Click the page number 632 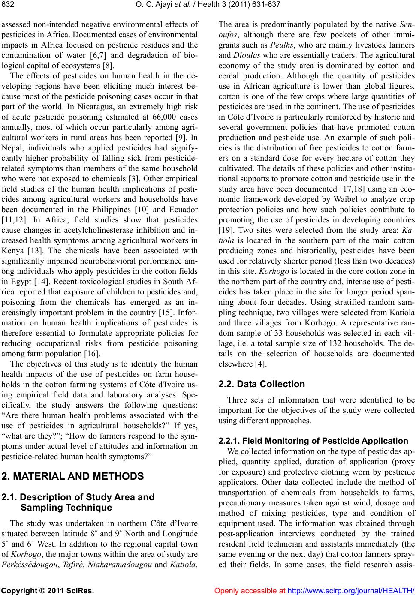pos(8,5)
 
